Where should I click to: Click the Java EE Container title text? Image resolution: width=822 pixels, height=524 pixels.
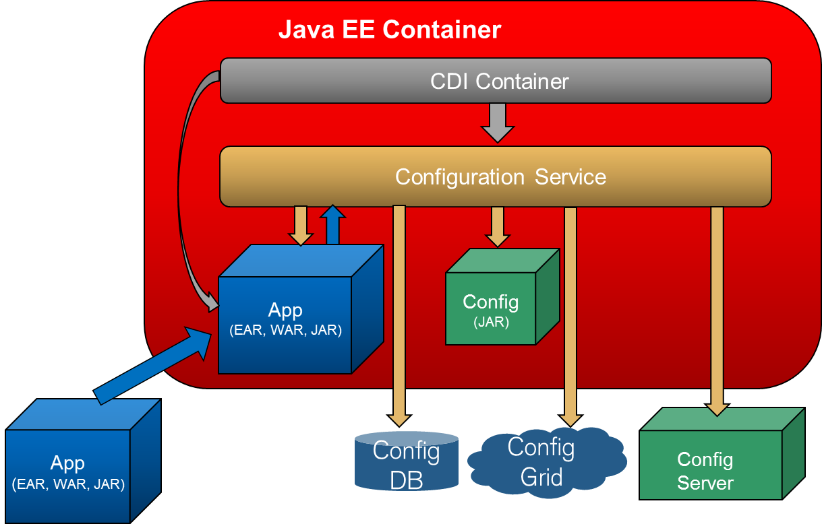[x=390, y=30]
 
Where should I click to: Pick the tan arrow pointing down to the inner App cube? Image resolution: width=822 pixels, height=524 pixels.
[x=300, y=227]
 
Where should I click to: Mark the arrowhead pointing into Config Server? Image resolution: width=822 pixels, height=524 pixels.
[x=717, y=407]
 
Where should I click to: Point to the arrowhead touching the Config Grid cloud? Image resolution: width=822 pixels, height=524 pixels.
[x=570, y=418]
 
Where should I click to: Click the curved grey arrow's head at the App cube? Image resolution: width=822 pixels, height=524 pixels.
[x=212, y=303]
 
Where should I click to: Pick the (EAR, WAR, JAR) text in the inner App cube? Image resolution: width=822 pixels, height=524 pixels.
[x=285, y=331]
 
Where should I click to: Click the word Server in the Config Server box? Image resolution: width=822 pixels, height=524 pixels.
[x=705, y=483]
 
